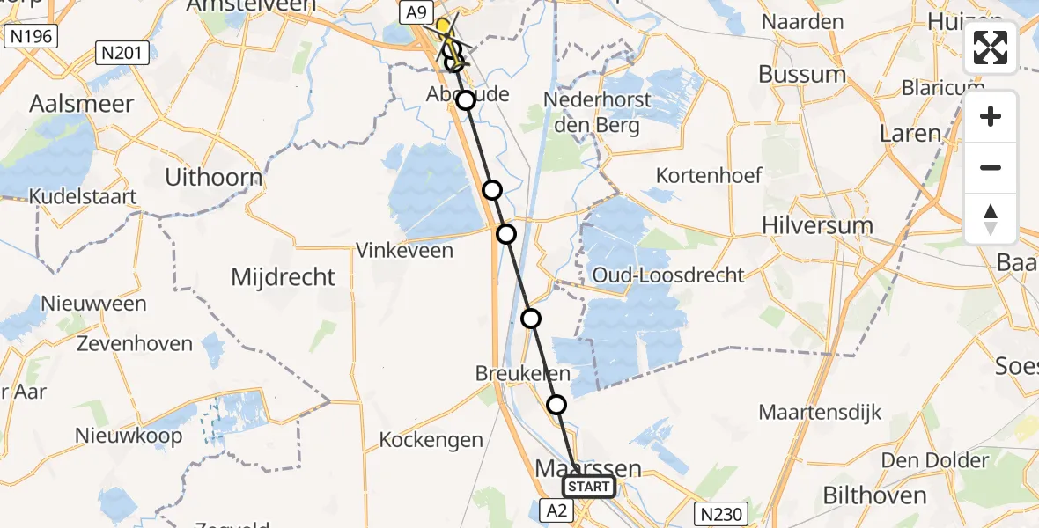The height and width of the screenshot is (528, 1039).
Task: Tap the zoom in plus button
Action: tap(991, 117)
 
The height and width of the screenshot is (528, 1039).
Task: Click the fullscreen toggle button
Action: tap(991, 48)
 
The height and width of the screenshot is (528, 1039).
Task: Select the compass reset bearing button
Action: tap(991, 219)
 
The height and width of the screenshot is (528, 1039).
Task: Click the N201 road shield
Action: tap(122, 54)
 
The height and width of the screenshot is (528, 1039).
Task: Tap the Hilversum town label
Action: tap(818, 225)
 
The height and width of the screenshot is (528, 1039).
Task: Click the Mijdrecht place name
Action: tap(283, 277)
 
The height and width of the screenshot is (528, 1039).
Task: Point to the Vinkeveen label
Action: tap(404, 251)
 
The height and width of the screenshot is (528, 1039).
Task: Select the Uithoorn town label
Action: tap(214, 178)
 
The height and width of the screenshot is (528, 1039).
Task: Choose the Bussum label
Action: tap(802, 74)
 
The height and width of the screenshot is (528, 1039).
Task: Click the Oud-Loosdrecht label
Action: tap(668, 275)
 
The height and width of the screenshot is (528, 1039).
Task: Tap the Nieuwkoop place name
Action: tap(129, 435)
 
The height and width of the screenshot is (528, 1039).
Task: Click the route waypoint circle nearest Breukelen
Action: tap(556, 405)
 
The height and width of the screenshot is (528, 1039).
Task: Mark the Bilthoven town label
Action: tap(874, 495)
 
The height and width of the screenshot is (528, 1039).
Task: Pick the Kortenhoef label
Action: tap(709, 176)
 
